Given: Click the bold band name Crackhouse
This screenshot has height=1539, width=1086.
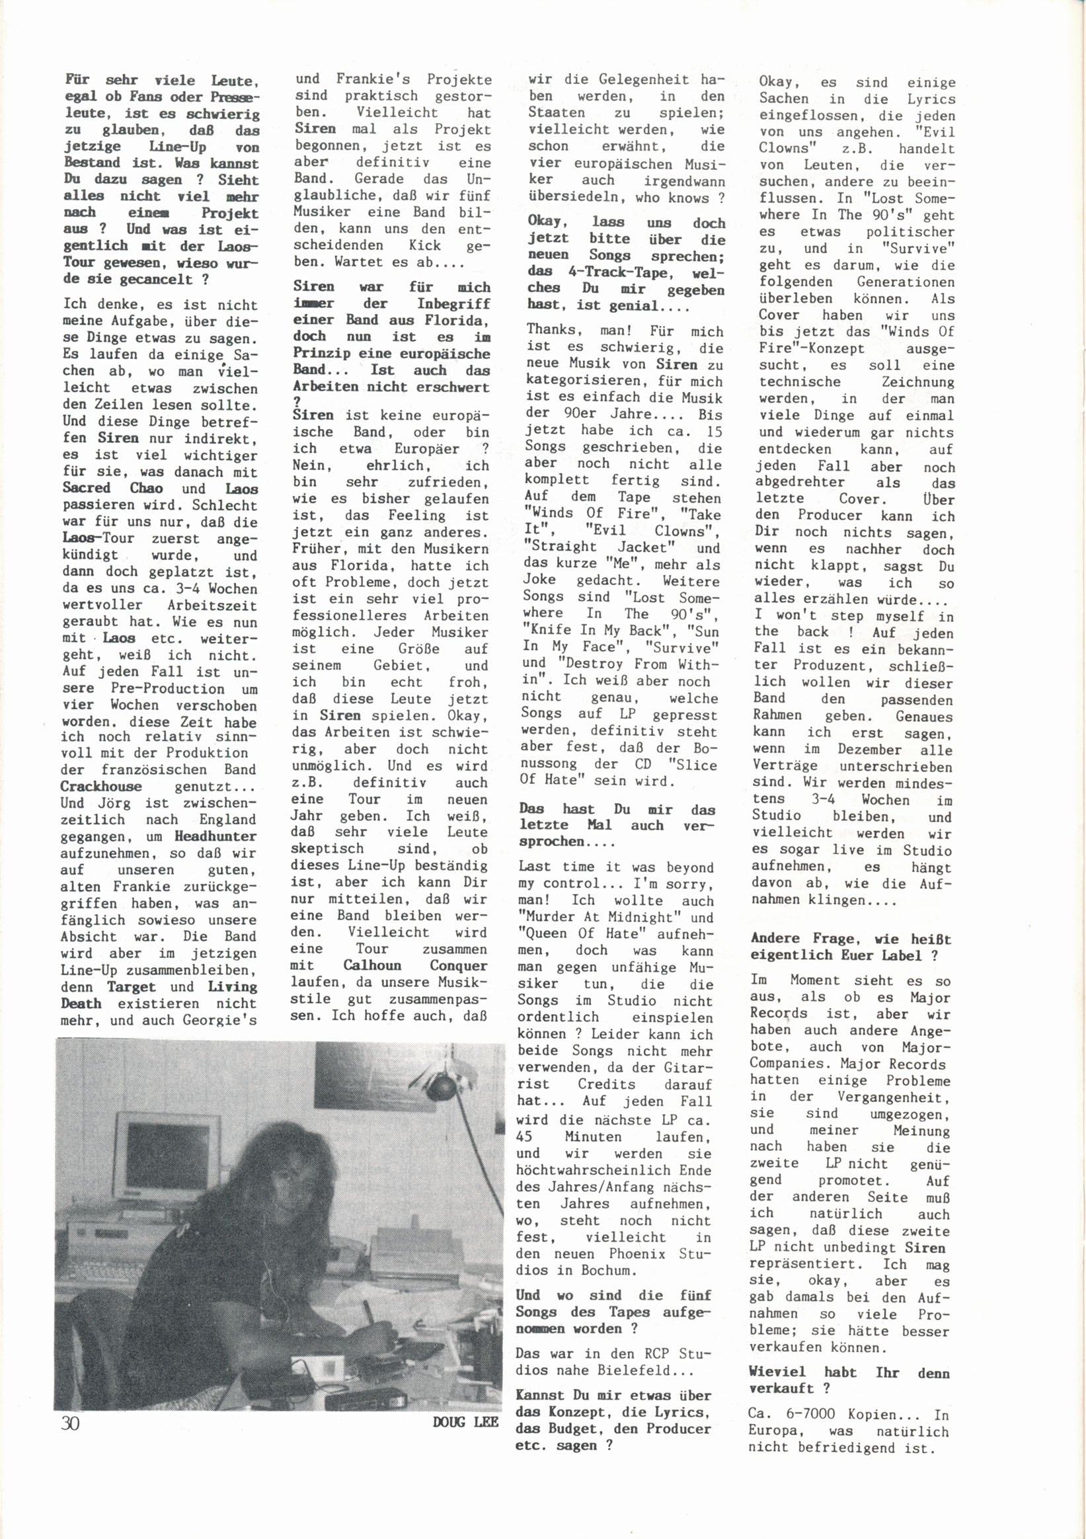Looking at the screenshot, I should coord(101,786).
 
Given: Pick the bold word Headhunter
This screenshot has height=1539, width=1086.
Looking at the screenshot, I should coord(215,836).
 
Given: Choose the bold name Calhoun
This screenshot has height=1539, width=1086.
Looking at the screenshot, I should coord(372,965).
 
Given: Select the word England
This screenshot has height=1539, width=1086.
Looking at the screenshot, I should coord(227,819).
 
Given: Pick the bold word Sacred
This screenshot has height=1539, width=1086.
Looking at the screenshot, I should coord(89,488).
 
